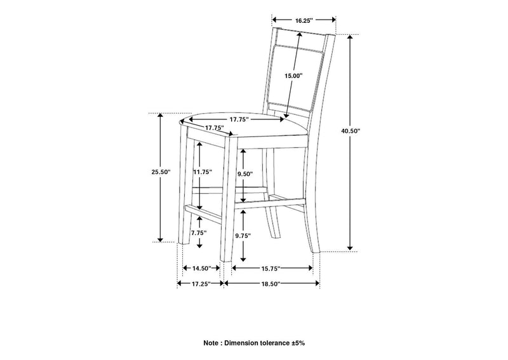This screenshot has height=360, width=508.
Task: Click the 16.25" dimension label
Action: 304,20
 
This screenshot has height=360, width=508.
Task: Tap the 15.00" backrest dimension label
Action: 293,76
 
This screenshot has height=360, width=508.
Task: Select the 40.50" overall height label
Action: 351,131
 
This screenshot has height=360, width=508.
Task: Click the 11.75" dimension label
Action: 203,171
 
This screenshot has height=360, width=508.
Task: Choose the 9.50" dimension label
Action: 245,174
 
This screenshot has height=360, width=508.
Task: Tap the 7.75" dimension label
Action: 199,232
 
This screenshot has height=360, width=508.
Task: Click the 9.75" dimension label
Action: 244,236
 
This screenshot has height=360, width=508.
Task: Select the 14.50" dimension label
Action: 202,269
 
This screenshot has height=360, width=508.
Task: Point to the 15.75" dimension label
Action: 271,269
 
